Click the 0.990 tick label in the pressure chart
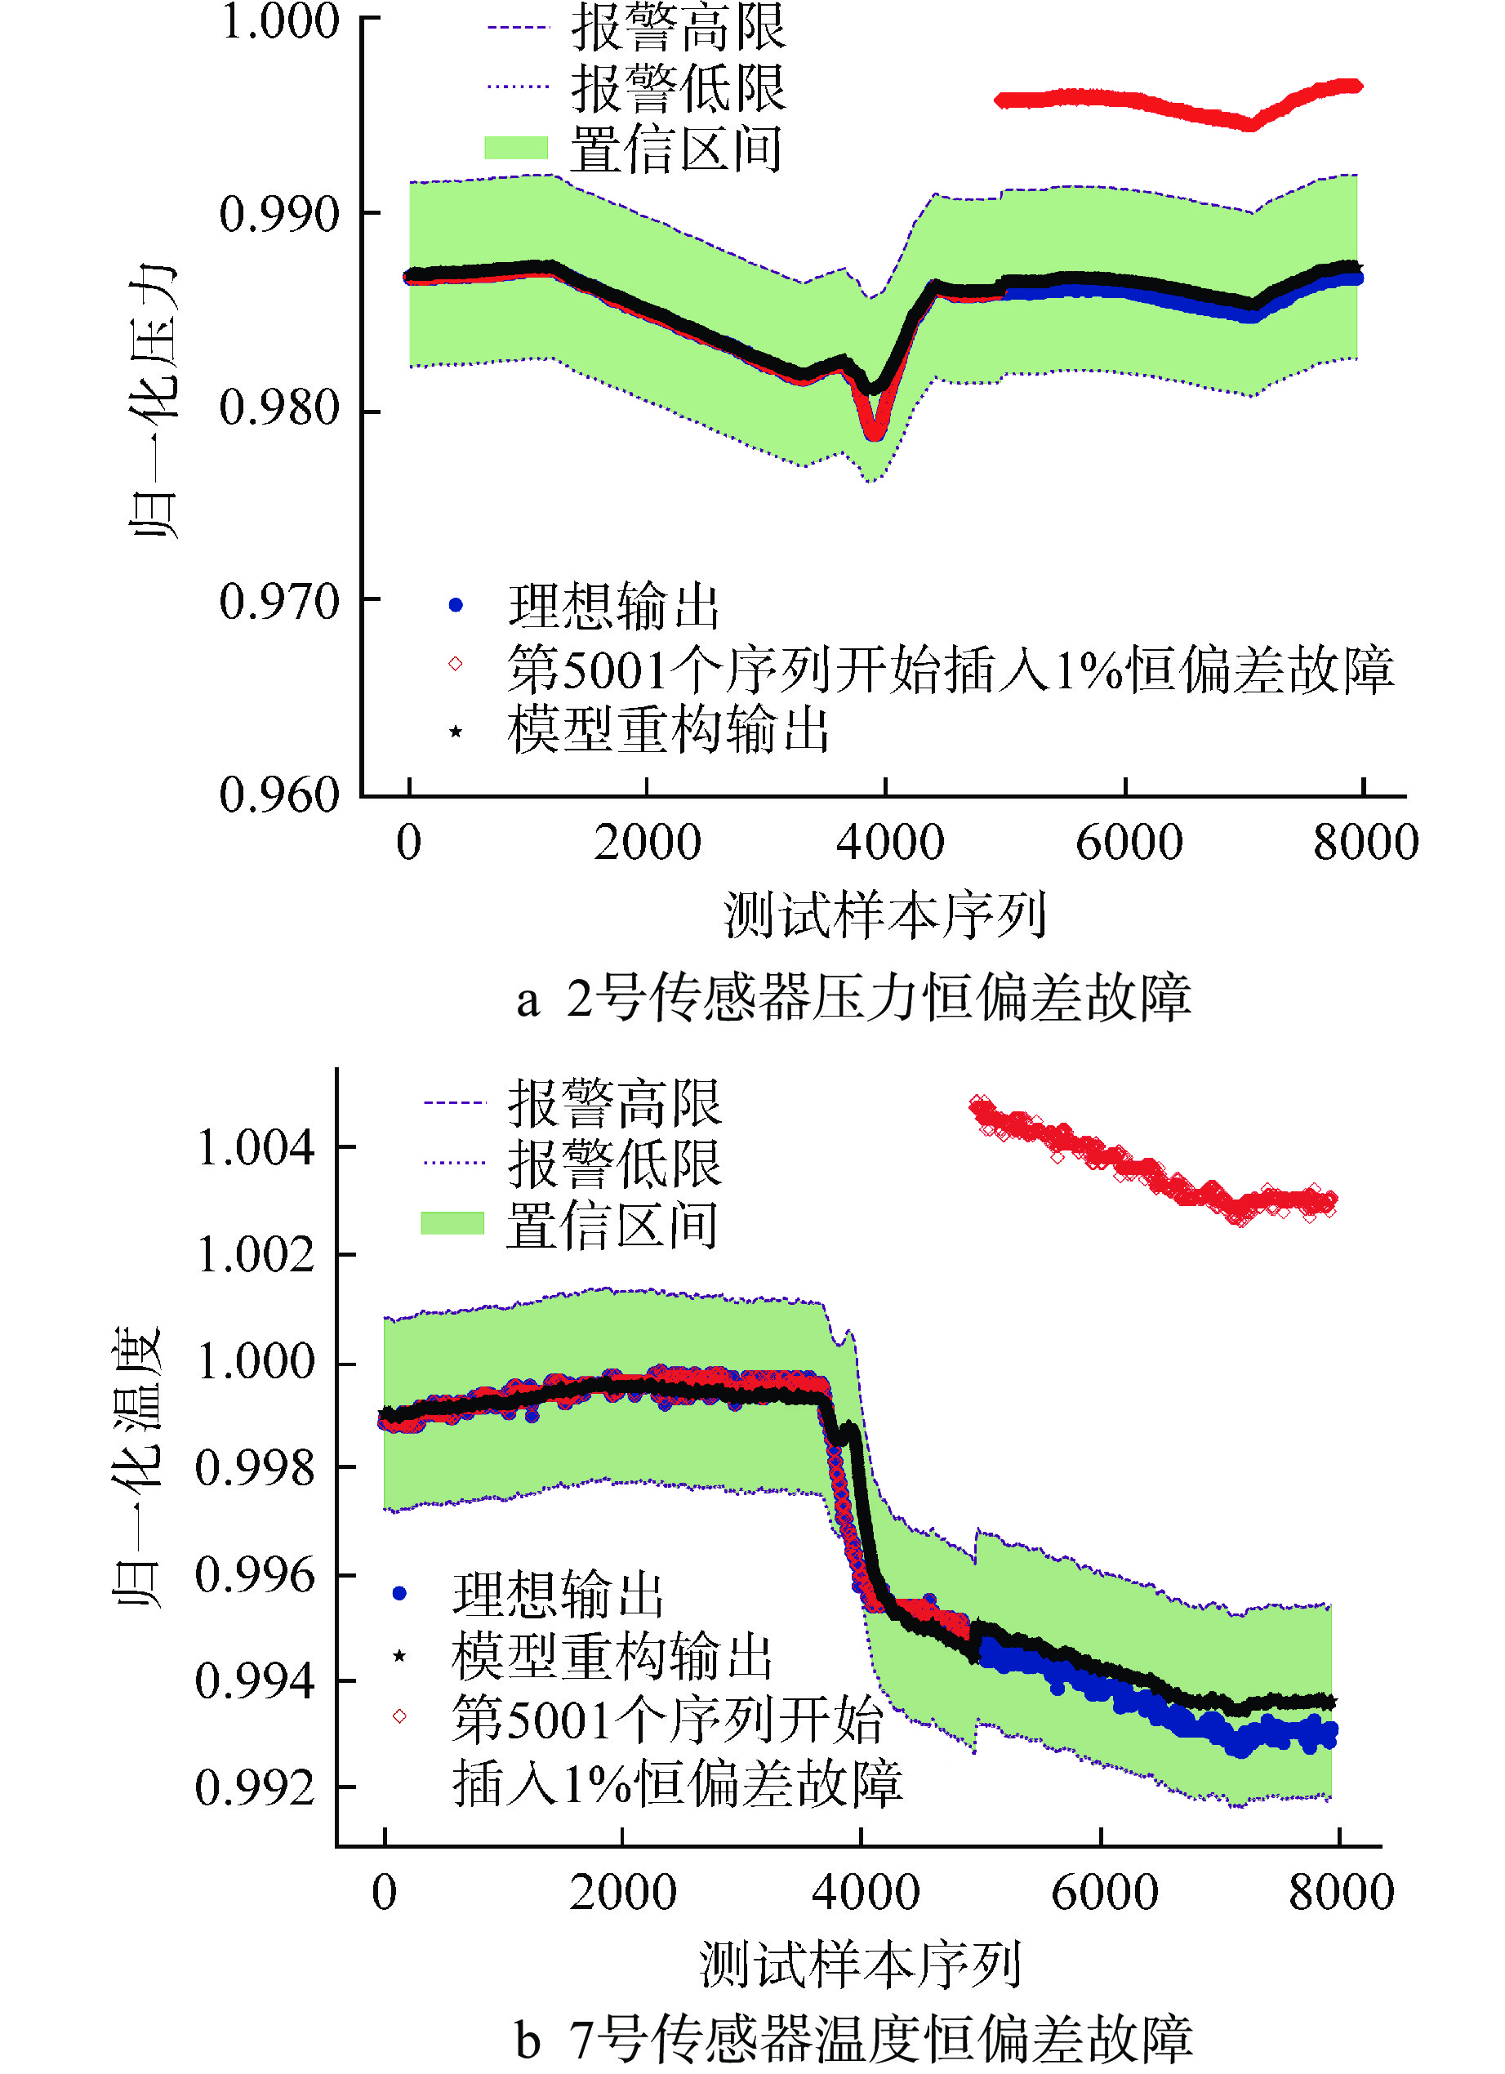[x=279, y=214]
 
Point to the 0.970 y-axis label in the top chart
[x=279, y=602]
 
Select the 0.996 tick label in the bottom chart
[x=255, y=1575]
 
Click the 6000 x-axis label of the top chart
[x=1128, y=841]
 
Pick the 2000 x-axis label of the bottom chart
[x=623, y=1892]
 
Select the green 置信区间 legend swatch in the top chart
[x=516, y=148]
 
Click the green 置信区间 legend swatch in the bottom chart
[x=452, y=1223]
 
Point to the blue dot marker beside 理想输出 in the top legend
[x=456, y=605]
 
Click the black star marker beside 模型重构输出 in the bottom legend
[x=399, y=1656]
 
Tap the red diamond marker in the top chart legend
[x=456, y=664]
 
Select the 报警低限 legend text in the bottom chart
[x=614, y=1164]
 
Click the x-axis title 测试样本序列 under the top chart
[x=884, y=915]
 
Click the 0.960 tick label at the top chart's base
[x=279, y=794]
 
